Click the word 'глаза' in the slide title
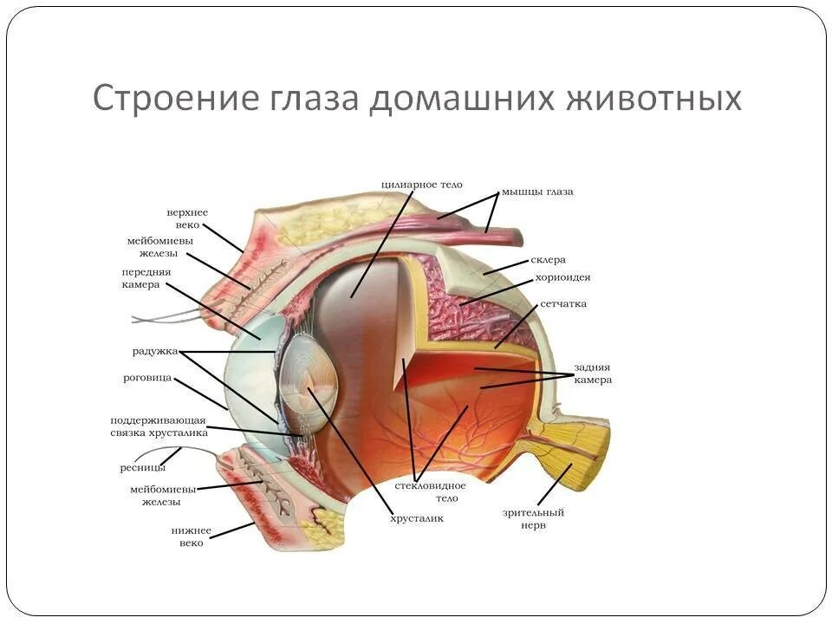coord(308,98)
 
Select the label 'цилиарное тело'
coord(422,185)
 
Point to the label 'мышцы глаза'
coord(537,192)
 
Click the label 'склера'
coord(548,259)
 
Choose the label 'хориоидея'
coord(562,277)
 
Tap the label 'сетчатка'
coord(563,304)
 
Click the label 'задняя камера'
coord(592,374)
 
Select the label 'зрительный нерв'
coord(534,518)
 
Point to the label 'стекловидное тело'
coord(431,491)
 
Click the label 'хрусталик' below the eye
coord(416,518)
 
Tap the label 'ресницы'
coord(142,468)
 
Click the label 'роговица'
coord(147,379)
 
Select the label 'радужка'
coord(155,351)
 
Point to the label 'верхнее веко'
coord(187,218)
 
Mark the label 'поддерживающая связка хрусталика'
coord(159,426)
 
